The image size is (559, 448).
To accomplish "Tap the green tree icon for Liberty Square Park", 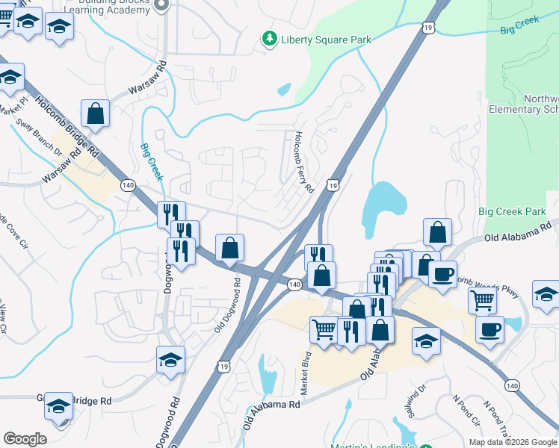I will (269, 38).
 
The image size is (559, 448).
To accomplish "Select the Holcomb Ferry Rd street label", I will (303, 162).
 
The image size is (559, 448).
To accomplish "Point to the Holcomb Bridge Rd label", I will (67, 125).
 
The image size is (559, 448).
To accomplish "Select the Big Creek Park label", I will (512, 212).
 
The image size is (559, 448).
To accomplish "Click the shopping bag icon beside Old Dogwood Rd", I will (230, 247).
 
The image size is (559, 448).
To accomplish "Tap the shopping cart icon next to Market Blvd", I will (324, 329).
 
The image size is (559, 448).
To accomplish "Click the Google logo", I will (25, 439).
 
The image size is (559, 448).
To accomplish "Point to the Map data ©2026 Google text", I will (512, 442).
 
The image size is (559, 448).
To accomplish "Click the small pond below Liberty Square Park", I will (284, 90).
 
